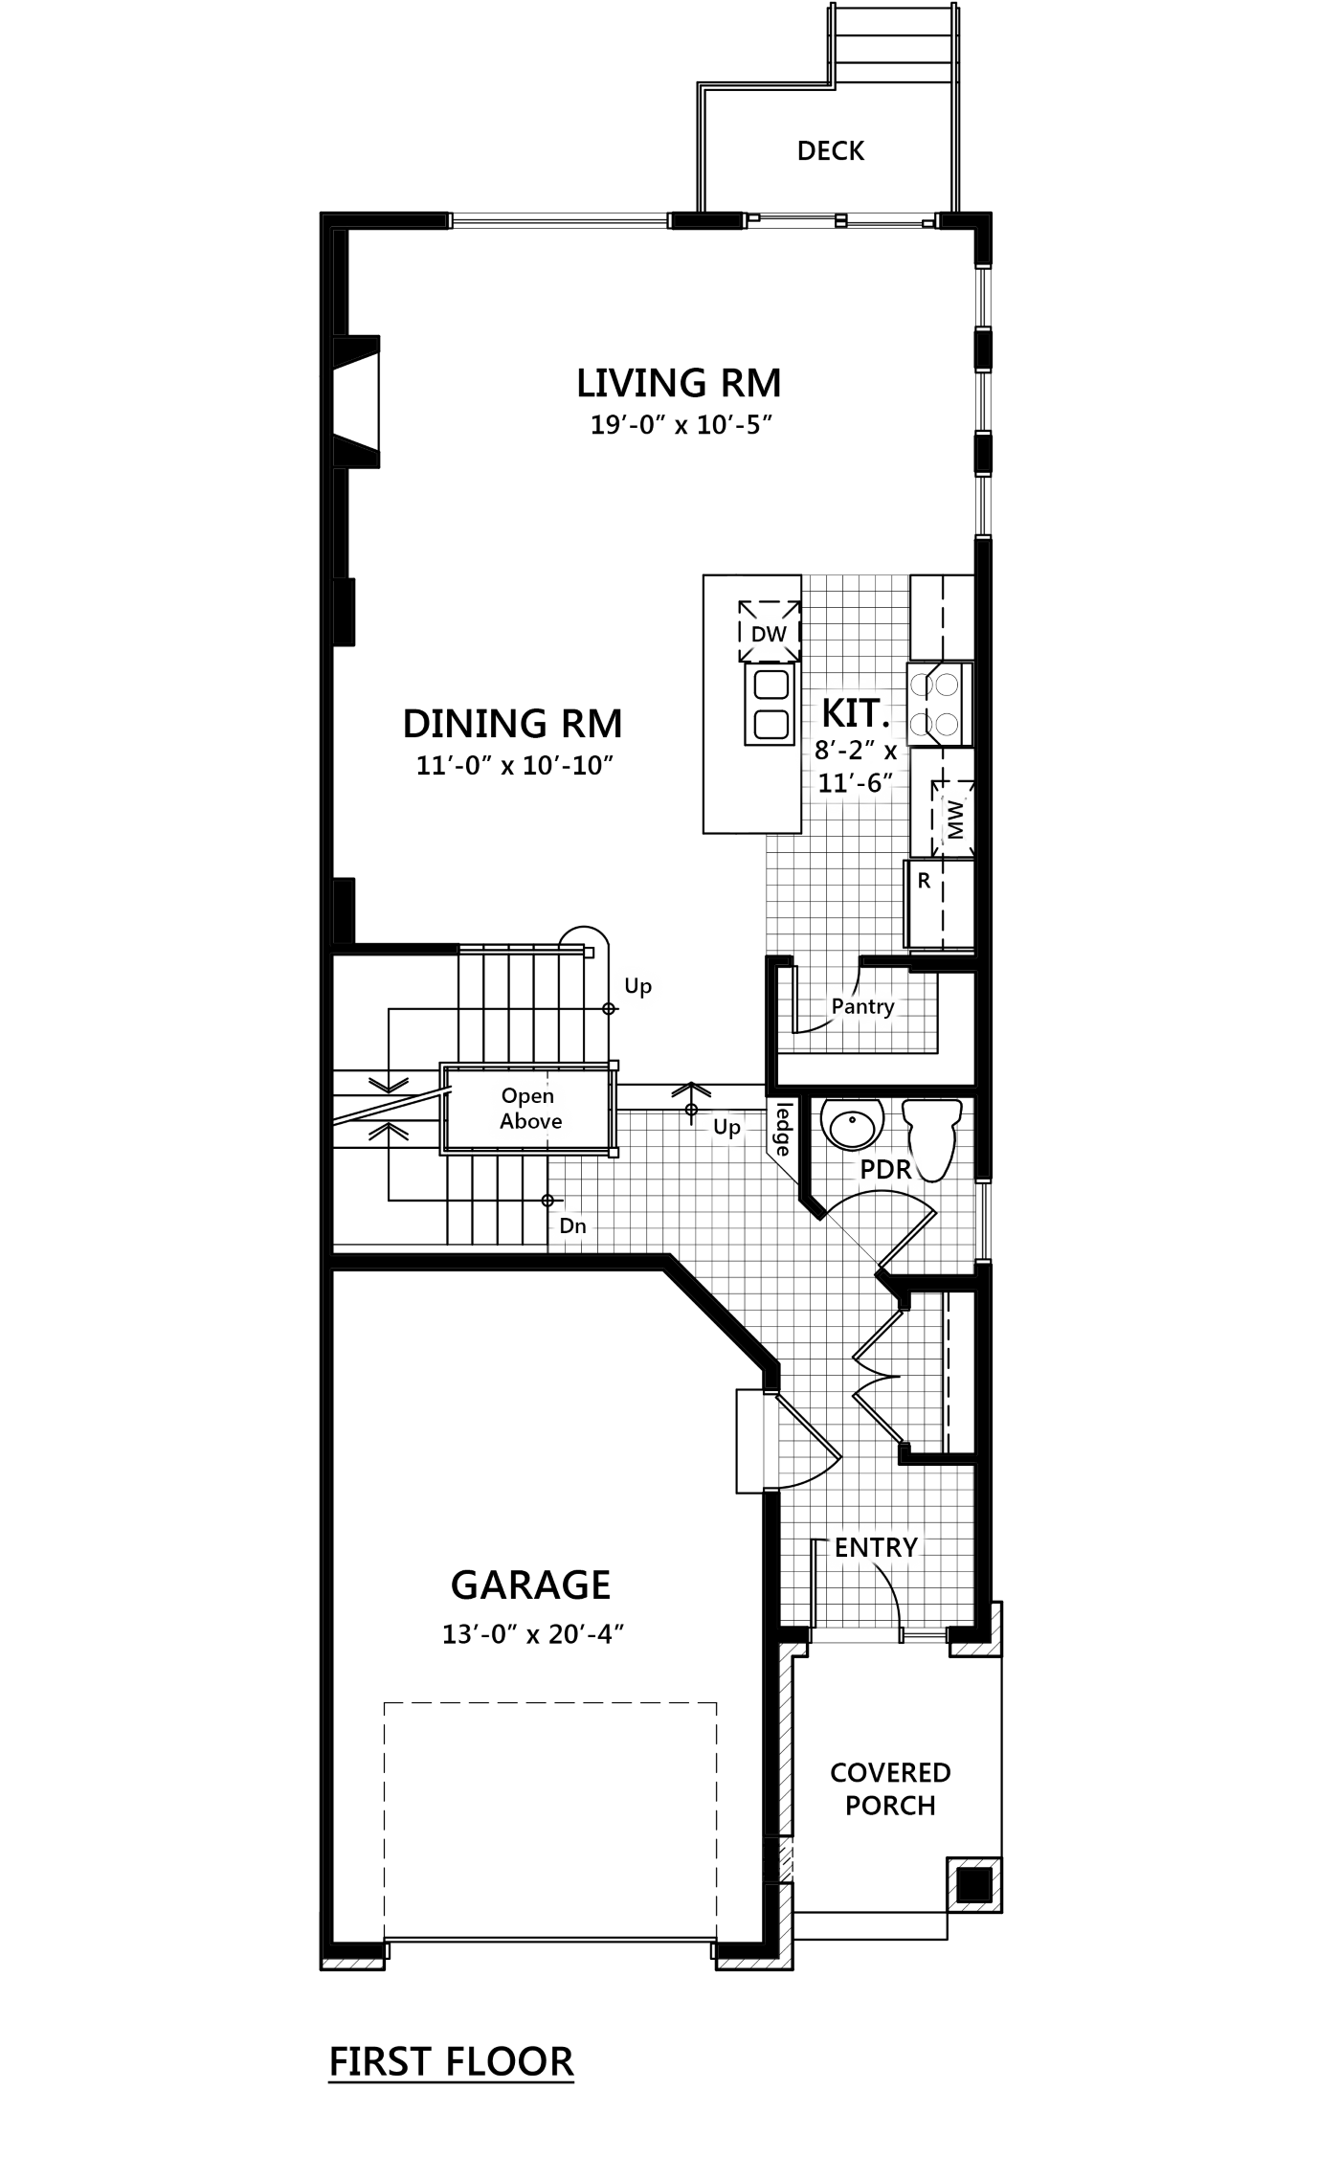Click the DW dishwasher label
(x=769, y=634)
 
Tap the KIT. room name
(x=855, y=713)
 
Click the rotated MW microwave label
(x=955, y=820)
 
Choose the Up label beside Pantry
(x=637, y=986)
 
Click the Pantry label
(x=862, y=1006)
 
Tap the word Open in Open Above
(x=527, y=1096)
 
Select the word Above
(x=530, y=1121)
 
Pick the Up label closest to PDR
(x=726, y=1128)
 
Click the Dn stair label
(x=572, y=1226)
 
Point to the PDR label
(x=885, y=1169)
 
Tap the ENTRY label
(x=876, y=1547)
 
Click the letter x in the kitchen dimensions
(x=890, y=752)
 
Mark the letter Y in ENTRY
(x=908, y=1547)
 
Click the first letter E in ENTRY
(x=841, y=1547)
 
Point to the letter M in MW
(x=955, y=831)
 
